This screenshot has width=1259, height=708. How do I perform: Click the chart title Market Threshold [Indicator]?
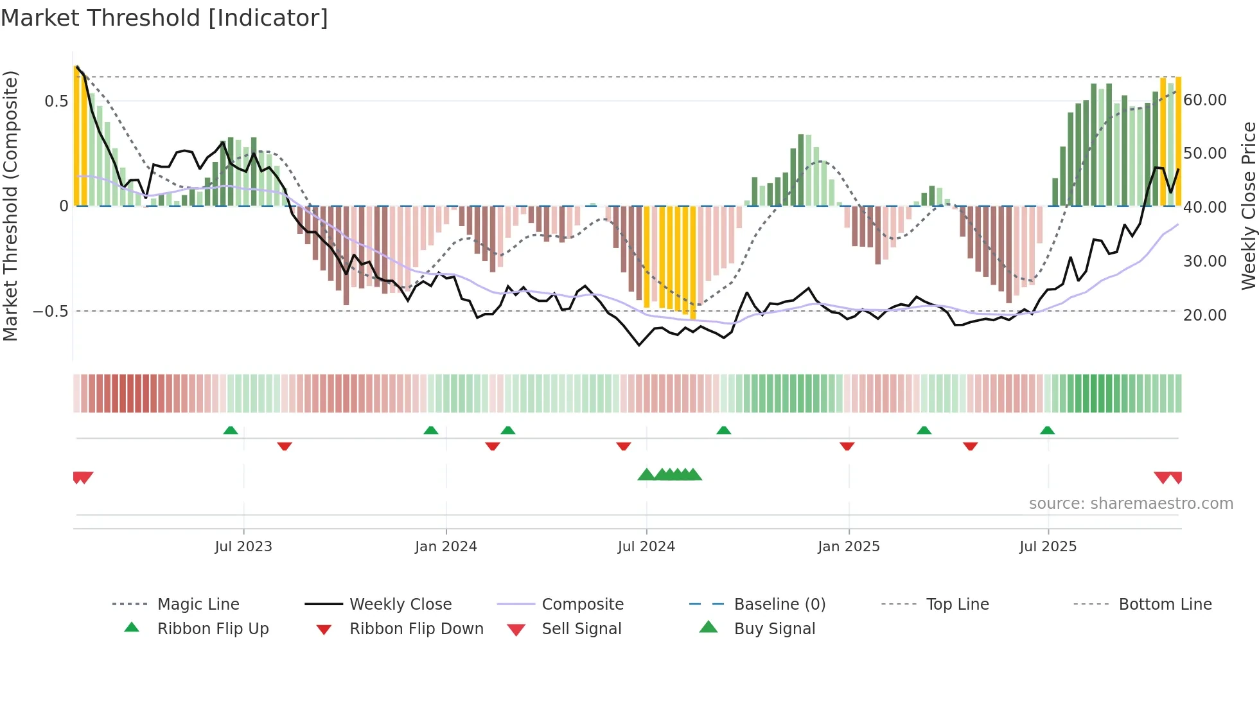pyautogui.click(x=164, y=18)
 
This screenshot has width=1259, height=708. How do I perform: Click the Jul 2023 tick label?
pyautogui.click(x=243, y=547)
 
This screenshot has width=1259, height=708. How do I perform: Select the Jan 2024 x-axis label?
pyautogui.click(x=446, y=547)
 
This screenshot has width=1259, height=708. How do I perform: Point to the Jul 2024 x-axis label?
pyautogui.click(x=646, y=547)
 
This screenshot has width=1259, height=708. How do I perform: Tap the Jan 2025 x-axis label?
pyautogui.click(x=849, y=547)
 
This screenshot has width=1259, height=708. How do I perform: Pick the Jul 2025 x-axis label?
pyautogui.click(x=1048, y=547)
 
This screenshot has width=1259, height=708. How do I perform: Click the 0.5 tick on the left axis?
pyautogui.click(x=57, y=102)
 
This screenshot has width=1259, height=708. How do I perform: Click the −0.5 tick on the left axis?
pyautogui.click(x=51, y=312)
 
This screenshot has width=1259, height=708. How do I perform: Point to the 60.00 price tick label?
pyautogui.click(x=1205, y=100)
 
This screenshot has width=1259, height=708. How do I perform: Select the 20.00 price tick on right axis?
pyautogui.click(x=1205, y=315)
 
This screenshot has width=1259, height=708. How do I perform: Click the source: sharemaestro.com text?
pyautogui.click(x=1131, y=504)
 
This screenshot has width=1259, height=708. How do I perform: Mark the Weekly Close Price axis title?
pyautogui.click(x=1248, y=206)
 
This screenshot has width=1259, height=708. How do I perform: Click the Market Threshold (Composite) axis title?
pyautogui.click(x=10, y=206)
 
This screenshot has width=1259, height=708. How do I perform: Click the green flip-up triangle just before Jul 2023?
pyautogui.click(x=231, y=430)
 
